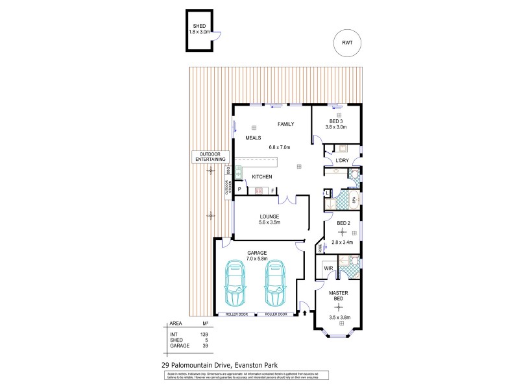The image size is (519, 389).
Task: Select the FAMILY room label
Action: point(286,124)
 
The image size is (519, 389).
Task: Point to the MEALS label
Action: point(253,138)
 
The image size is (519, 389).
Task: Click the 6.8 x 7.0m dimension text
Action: point(280,147)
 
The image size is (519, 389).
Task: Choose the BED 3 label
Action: point(336,121)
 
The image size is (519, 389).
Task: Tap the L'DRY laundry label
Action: point(342,161)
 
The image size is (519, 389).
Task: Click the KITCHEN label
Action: point(261,177)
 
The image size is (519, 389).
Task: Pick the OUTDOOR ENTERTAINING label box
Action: point(210,156)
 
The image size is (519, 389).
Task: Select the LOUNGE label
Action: point(269,217)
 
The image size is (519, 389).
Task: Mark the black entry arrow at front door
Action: point(304,314)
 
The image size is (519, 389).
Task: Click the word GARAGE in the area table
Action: point(179,346)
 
